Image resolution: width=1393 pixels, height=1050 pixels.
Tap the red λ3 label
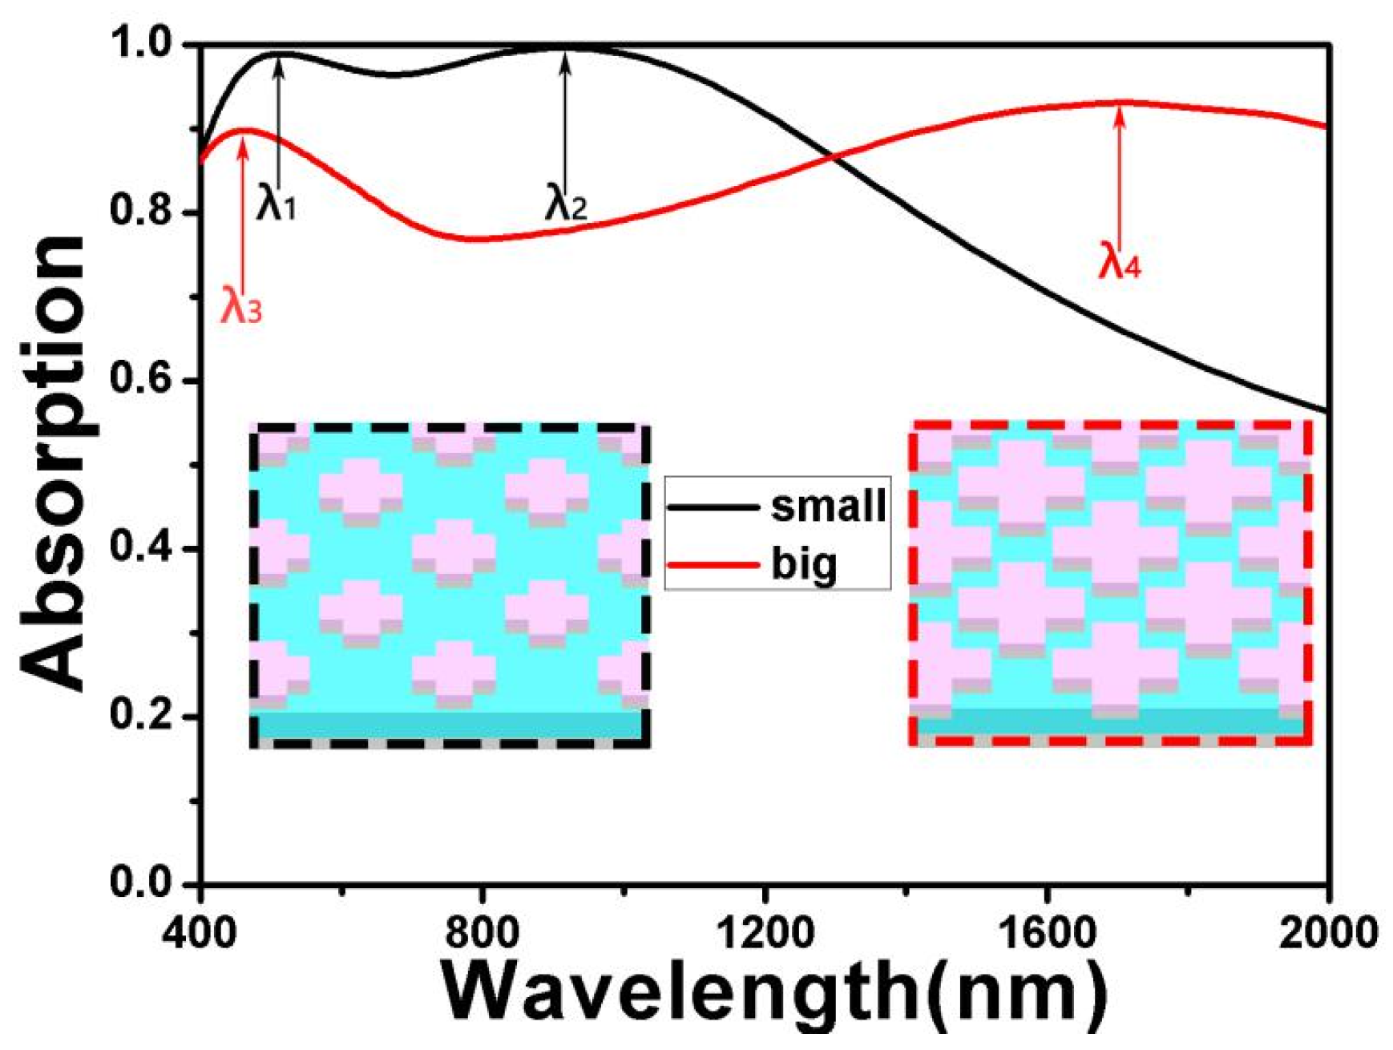click(x=240, y=305)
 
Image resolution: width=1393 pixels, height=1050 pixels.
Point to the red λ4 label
click(x=1119, y=260)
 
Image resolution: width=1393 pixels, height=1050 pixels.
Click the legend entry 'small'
click(x=828, y=506)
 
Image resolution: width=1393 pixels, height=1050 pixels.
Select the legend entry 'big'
click(x=803, y=564)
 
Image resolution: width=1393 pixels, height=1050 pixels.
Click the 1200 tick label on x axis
click(x=765, y=932)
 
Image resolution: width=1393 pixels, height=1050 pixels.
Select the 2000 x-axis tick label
click(x=1326, y=932)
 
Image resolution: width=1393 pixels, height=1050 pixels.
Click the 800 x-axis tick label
click(x=483, y=932)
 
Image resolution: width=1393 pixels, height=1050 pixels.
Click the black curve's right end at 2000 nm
click(x=1328, y=411)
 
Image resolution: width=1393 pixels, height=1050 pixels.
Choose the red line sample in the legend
click(x=713, y=565)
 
